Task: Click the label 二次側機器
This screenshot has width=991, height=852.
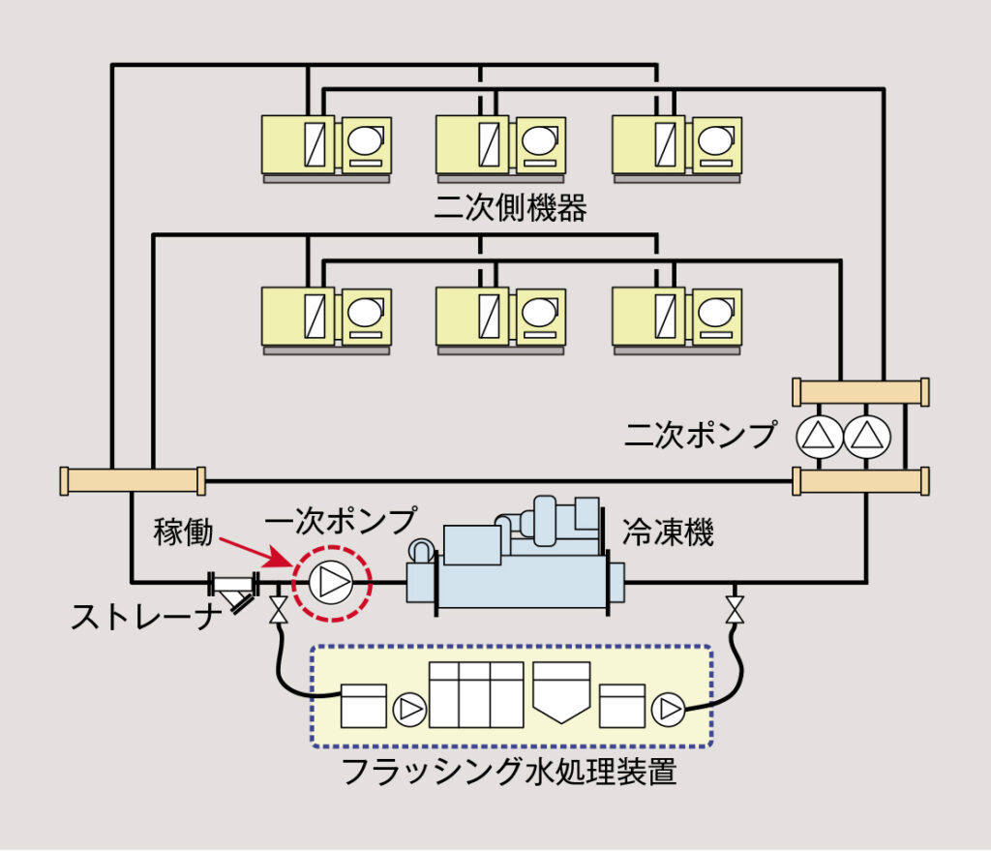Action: coord(510,207)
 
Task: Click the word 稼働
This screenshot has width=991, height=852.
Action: coord(185,532)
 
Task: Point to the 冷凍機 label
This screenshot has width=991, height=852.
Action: coord(668,532)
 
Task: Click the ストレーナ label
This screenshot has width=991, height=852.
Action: coord(141,617)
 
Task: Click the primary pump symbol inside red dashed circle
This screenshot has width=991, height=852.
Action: coord(332,583)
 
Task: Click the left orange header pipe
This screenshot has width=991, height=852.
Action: coord(133,480)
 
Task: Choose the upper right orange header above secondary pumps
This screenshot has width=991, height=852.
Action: coord(860,392)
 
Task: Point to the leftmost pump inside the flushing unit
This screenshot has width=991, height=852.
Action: coord(409,710)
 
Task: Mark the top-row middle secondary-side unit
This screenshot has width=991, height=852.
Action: coord(492,147)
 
